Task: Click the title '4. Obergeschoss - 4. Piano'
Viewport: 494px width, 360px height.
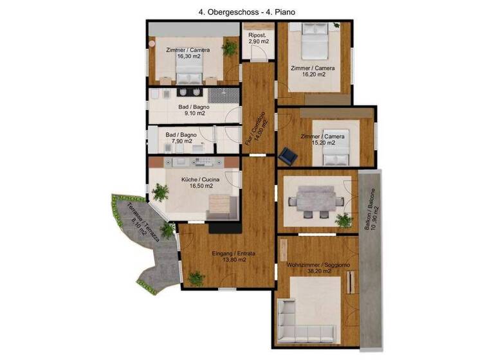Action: click(246, 12)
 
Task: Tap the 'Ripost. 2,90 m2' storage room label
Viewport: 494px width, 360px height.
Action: click(258, 37)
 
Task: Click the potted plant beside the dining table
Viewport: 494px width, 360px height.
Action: click(345, 221)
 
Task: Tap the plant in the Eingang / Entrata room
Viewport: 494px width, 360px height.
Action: click(196, 279)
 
